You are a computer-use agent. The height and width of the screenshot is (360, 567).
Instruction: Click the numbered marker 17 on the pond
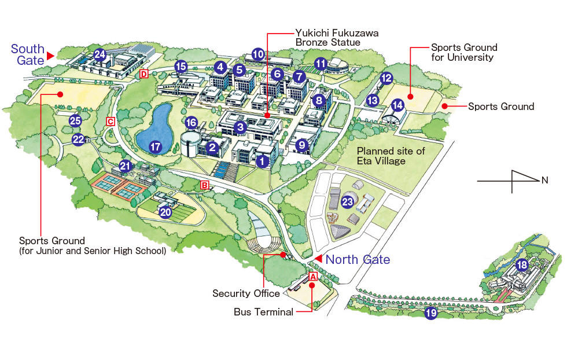[x=155, y=147]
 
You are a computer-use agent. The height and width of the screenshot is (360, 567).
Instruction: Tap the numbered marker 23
[x=347, y=202]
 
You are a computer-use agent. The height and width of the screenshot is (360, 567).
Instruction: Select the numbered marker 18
[x=522, y=266]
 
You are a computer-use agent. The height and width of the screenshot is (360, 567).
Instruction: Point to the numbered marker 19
[x=430, y=314]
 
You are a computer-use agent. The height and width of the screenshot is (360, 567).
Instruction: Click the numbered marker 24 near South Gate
[x=100, y=55]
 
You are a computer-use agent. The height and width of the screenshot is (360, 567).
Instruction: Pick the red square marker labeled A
[x=313, y=277]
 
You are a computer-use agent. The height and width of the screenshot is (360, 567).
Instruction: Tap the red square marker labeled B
[x=204, y=185]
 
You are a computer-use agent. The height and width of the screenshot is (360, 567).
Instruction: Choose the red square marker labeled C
[x=110, y=121]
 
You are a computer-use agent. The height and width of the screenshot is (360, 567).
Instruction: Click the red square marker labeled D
[x=144, y=74]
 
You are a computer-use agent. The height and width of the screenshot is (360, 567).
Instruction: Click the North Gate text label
[x=358, y=260]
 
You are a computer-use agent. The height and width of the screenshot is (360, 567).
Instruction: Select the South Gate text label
[x=27, y=54]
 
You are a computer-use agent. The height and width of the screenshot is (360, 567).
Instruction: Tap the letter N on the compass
[x=544, y=181]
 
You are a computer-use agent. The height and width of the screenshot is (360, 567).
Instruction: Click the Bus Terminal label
[x=263, y=312]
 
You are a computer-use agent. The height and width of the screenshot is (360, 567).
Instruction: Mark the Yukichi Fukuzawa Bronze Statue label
[x=337, y=38]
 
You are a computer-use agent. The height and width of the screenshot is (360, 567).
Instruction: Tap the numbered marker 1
[x=263, y=161]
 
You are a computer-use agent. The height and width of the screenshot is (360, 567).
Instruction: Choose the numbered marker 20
[x=165, y=212]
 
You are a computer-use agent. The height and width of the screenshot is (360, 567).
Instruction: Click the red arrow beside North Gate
[x=318, y=259]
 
